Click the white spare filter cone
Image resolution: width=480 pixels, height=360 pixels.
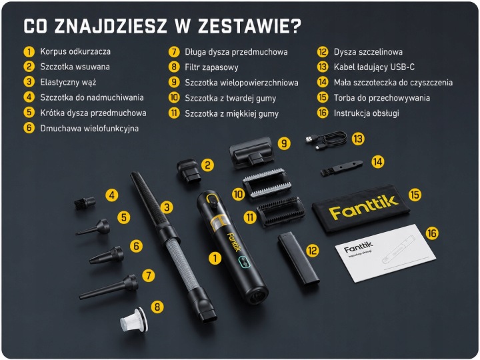(x=134, y=320)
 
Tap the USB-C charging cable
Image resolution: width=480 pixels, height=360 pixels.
(x=326, y=141)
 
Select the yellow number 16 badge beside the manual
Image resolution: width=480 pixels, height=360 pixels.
(x=431, y=233)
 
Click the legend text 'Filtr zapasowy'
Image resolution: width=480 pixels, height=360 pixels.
(x=211, y=67)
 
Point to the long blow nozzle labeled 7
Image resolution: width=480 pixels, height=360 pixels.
(x=109, y=287)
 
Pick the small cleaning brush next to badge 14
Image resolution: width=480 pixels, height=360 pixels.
(x=341, y=168)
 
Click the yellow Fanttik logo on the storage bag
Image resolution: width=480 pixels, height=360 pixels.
(x=363, y=207)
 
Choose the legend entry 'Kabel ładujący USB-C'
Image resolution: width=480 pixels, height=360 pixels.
(x=374, y=67)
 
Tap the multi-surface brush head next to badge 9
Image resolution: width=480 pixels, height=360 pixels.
(x=251, y=152)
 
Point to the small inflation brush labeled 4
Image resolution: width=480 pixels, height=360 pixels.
(x=85, y=203)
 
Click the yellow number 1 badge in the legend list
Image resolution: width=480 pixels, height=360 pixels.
(x=29, y=51)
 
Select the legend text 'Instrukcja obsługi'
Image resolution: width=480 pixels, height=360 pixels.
(x=367, y=113)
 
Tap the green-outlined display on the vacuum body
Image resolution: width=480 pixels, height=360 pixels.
(x=244, y=261)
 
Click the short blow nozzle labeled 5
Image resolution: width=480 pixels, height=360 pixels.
(x=93, y=227)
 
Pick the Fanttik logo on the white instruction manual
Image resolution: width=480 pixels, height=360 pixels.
(x=359, y=247)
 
